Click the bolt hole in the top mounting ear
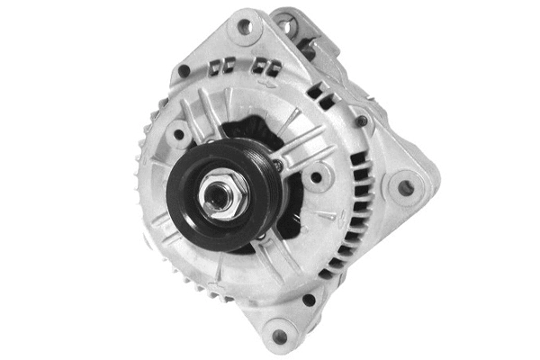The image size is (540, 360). (244, 27)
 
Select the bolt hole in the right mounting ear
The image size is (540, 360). (406, 188)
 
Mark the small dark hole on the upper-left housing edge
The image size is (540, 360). (184, 70)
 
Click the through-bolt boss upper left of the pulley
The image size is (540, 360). (179, 135)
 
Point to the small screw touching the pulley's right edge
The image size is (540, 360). (278, 165)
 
